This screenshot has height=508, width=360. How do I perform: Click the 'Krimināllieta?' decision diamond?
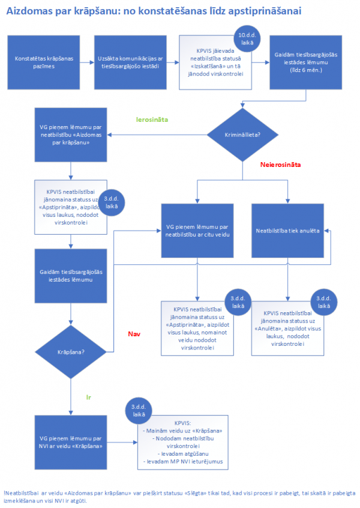[242, 135]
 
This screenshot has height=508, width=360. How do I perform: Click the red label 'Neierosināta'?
[280, 163]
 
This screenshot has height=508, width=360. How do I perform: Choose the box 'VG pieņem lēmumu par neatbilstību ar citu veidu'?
[197, 231]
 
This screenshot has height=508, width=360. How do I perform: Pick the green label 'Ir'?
[88, 398]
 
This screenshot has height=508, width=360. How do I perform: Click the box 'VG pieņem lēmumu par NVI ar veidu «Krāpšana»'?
[71, 443]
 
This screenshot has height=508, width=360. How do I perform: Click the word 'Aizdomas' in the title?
[28, 11]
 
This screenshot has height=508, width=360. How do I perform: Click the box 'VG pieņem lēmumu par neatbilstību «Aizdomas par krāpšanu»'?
[71, 135]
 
